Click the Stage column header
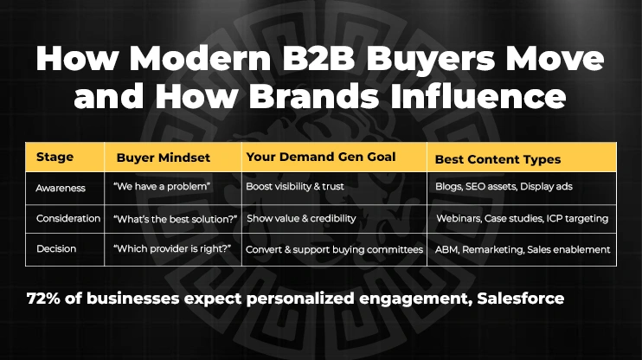click(x=55, y=158)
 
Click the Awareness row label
click(x=61, y=187)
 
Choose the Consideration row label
click(x=69, y=218)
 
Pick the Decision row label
click(x=56, y=249)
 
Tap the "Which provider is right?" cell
click(x=170, y=249)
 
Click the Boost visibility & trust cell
click(x=299, y=187)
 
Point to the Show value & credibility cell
click(x=301, y=218)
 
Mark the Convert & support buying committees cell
click(x=334, y=249)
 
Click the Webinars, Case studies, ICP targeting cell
click(x=522, y=218)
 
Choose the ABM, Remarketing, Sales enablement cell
click(x=523, y=249)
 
